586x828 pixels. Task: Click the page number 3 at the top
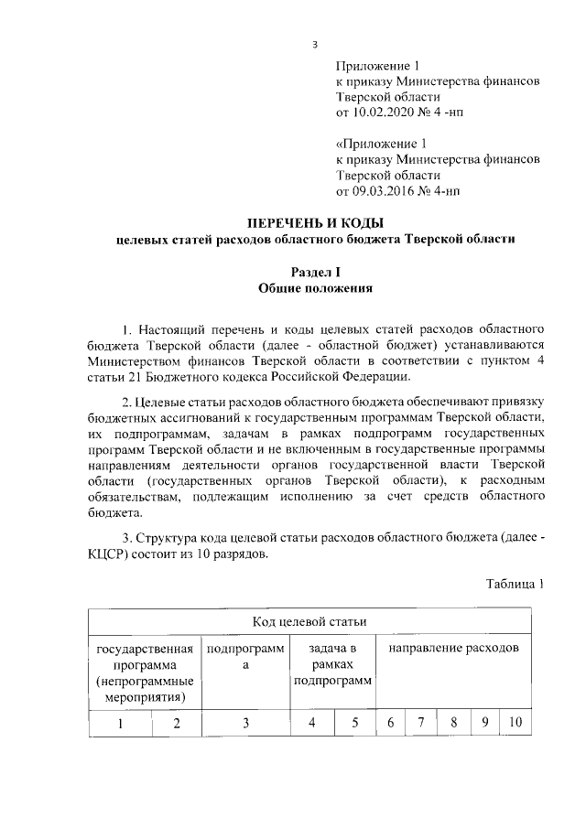314,43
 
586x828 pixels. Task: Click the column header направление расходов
453,648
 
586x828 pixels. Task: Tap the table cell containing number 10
515,723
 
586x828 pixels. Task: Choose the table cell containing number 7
420,723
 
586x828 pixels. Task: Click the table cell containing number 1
119,724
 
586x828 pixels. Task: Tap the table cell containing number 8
452,723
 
